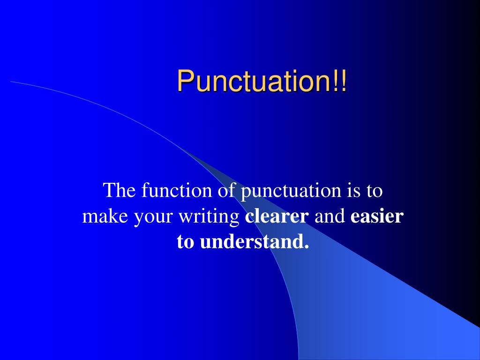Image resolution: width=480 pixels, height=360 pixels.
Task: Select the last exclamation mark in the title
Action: click(345, 81)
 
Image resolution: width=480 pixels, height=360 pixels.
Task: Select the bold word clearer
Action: click(277, 217)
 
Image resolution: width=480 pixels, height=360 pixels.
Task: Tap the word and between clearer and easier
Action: click(330, 217)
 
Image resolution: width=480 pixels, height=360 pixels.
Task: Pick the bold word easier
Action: click(376, 217)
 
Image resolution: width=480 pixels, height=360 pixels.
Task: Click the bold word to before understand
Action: click(186, 242)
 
